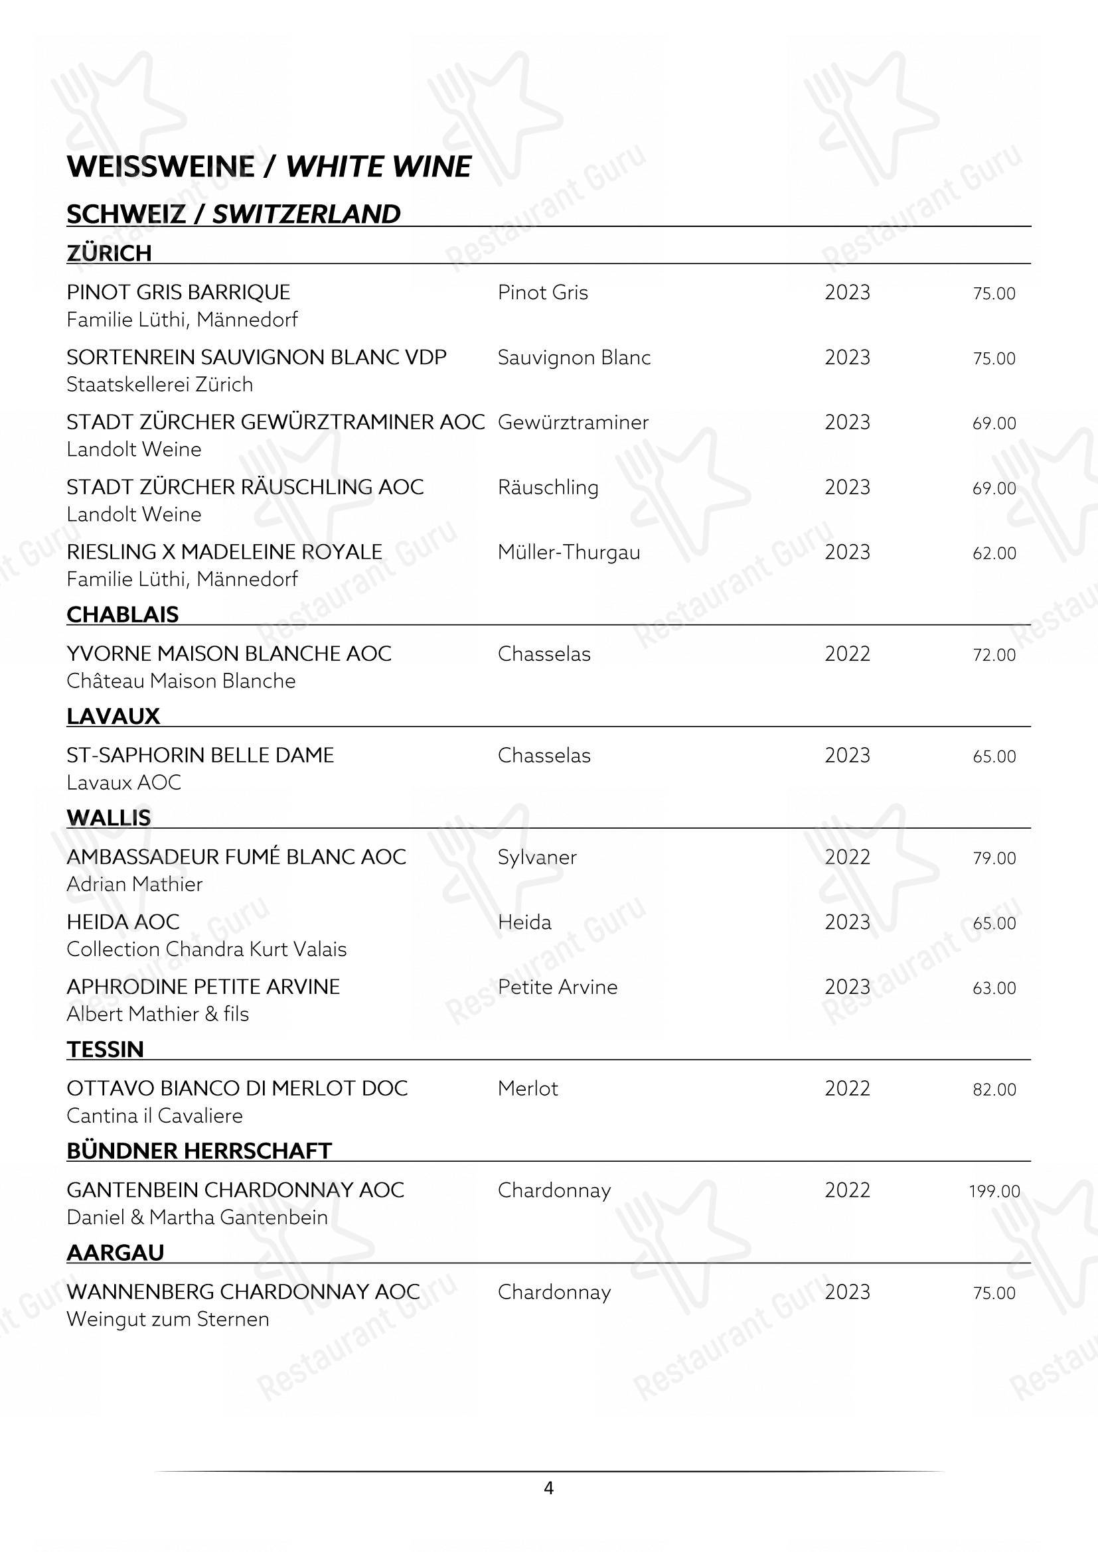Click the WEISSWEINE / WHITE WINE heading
268,167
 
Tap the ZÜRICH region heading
109,253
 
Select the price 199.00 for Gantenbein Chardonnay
994,1191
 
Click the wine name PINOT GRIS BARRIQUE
179,292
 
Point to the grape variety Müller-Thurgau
569,552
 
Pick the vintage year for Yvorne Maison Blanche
847,654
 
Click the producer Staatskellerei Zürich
159,384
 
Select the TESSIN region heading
105,1049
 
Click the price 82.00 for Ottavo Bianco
994,1090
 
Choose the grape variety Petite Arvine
557,987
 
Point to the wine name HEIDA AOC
123,922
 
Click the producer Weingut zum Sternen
168,1319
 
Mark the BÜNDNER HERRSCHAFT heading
198,1151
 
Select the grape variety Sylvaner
537,857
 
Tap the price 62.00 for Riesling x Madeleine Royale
994,553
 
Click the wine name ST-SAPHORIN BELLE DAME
200,755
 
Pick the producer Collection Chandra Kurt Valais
206,949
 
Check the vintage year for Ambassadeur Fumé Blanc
847,857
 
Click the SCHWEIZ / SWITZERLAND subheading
233,214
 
